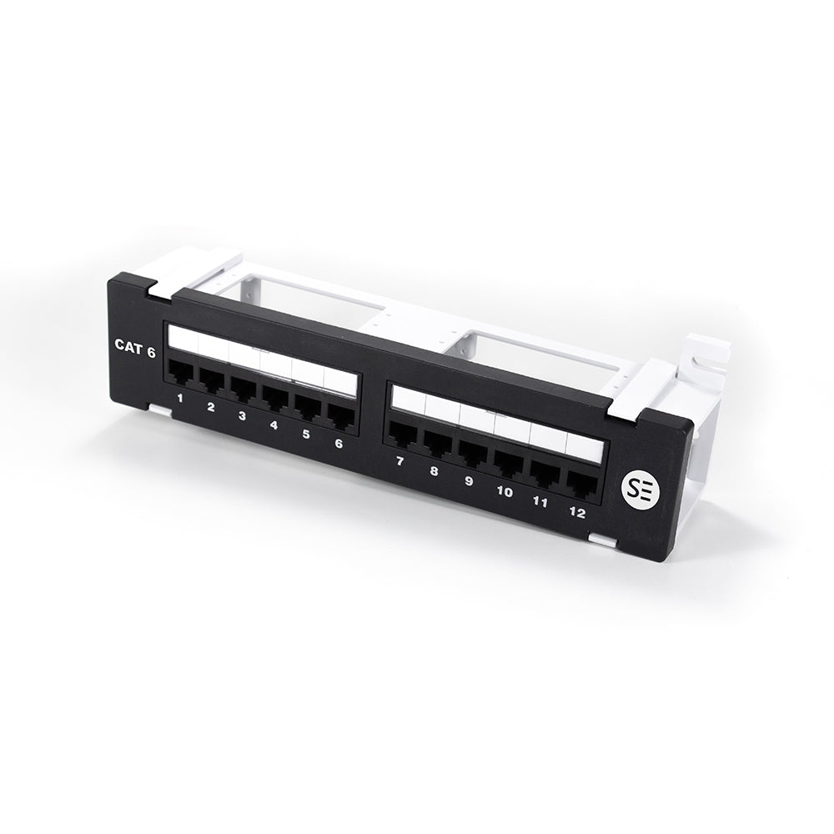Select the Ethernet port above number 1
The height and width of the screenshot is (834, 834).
pyautogui.click(x=181, y=376)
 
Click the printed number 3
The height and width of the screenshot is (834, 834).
pyautogui.click(x=241, y=414)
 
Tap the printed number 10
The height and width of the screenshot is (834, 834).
pyautogui.click(x=504, y=492)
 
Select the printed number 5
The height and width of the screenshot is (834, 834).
pyautogui.click(x=305, y=434)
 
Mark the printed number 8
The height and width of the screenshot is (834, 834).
pyautogui.click(x=434, y=471)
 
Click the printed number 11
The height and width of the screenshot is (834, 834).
pyautogui.click(x=540, y=502)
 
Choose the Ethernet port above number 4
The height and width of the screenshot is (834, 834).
pyautogui.click(x=274, y=398)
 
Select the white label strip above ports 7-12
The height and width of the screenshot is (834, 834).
pyautogui.click(x=495, y=421)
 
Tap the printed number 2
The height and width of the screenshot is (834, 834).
pyautogui.click(x=210, y=407)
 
